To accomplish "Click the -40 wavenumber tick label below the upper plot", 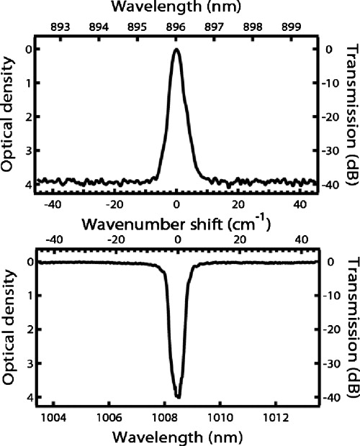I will click(x=48, y=204).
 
